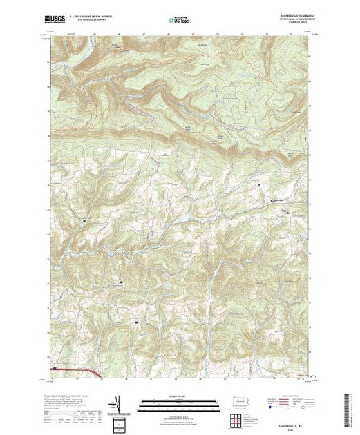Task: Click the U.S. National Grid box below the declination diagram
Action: pos(119,423)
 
